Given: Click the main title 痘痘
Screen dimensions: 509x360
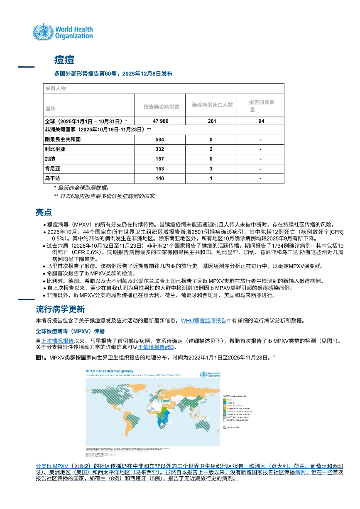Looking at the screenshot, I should pyautogui.click(x=64, y=60).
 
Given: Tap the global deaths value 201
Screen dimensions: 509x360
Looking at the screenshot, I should pyautogui.click(x=212, y=121).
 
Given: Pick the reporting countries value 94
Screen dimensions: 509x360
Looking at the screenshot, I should pyautogui.click(x=261, y=121).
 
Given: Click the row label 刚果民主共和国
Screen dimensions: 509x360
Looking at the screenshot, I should pyautogui.click(x=63, y=139).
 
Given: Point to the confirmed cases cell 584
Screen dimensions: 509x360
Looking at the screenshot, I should pyautogui.click(x=160, y=140).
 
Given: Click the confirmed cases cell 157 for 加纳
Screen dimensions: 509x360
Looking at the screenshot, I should pyautogui.click(x=160, y=159).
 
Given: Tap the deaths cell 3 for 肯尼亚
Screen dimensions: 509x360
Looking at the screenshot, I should pyautogui.click(x=211, y=169).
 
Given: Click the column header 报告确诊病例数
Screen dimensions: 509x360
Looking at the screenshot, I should pyautogui.click(x=162, y=107).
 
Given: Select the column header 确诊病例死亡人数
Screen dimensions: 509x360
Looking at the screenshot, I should pyautogui.click(x=212, y=105).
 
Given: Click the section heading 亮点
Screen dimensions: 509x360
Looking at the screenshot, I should pyautogui.click(x=44, y=213).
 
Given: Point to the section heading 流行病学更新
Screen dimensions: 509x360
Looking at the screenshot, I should pyautogui.click(x=60, y=309).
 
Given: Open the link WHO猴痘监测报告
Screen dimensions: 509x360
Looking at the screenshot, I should pyautogui.click(x=203, y=320).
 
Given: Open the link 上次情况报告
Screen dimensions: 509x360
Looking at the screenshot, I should pyautogui.click(x=57, y=341).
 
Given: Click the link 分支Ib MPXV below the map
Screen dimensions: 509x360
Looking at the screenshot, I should pyautogui.click(x=52, y=466).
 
